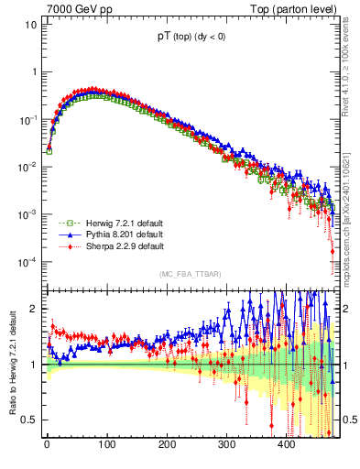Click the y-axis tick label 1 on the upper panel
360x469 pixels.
pos(34,71)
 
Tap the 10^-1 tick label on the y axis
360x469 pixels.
pos(27,119)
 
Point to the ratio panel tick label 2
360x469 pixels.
pos(34,309)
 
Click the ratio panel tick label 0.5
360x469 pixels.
pos(30,420)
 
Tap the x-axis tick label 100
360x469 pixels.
pos(106,445)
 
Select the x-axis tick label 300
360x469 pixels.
pos(226,445)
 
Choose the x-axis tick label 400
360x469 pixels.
pos(286,445)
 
